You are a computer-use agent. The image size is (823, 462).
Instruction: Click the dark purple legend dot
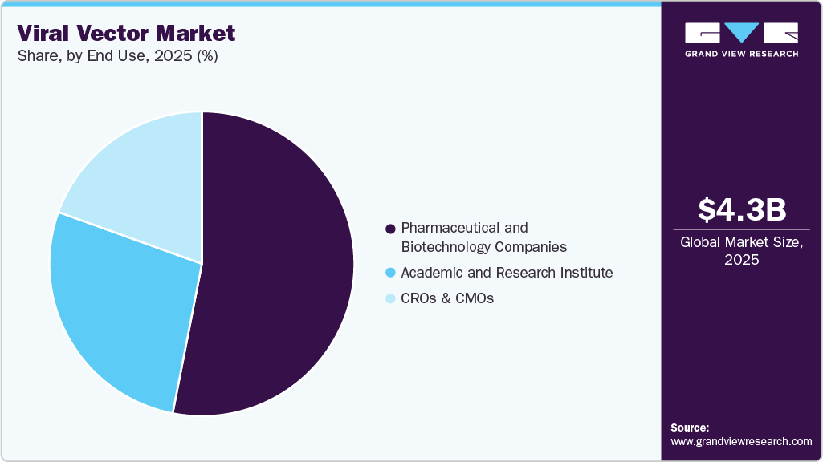pyautogui.click(x=391, y=229)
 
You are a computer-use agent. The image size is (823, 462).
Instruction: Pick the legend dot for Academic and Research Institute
pyautogui.click(x=391, y=273)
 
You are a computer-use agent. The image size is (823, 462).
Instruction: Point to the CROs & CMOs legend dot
pyautogui.click(x=391, y=299)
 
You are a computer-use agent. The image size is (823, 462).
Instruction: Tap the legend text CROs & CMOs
pyautogui.click(x=447, y=298)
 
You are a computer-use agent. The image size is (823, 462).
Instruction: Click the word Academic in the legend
pyautogui.click(x=432, y=273)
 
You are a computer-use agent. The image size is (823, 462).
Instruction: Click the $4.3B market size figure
pyautogui.click(x=741, y=209)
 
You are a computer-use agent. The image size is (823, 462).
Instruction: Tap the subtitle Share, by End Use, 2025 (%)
pyautogui.click(x=117, y=56)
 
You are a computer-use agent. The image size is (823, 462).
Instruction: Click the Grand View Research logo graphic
pyautogui.click(x=741, y=33)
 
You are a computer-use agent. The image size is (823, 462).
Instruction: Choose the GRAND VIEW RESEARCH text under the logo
pyautogui.click(x=741, y=54)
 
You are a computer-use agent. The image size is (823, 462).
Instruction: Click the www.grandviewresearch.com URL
pyautogui.click(x=741, y=441)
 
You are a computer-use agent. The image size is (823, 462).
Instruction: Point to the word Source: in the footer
pyautogui.click(x=690, y=428)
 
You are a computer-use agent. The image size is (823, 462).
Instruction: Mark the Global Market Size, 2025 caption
pyautogui.click(x=741, y=250)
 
